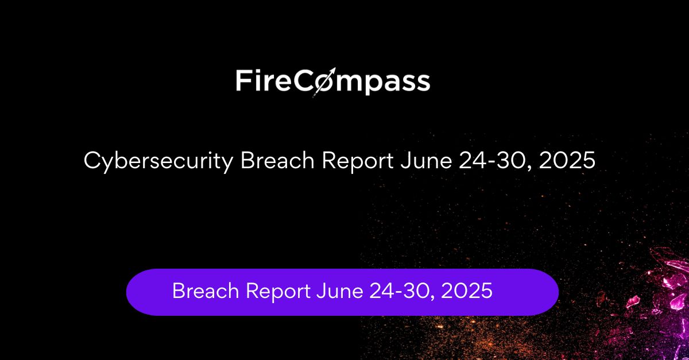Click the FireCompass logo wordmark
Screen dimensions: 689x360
point(333,81)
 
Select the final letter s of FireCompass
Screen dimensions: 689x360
point(422,83)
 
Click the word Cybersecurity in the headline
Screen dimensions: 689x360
point(158,161)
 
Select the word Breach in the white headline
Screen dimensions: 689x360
point(277,160)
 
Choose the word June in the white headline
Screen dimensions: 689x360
point(426,160)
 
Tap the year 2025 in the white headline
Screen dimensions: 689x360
point(567,160)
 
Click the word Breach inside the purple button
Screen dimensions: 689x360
point(206,290)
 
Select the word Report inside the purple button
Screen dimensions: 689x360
point(278,292)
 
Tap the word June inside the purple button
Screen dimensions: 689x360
point(340,291)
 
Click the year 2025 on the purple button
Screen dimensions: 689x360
point(467,291)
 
